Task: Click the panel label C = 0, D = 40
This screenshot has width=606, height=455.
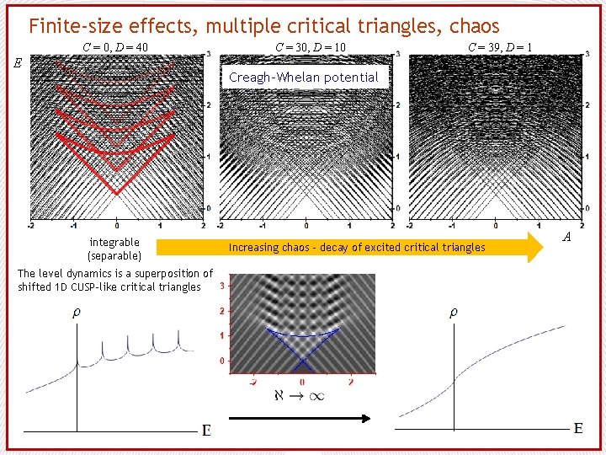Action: point(116,46)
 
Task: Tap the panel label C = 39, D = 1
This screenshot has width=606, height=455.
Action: point(500,46)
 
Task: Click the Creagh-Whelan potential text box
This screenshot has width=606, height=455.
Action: point(304,78)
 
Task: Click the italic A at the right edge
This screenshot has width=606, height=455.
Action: point(566,237)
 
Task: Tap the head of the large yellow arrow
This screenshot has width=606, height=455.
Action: point(535,247)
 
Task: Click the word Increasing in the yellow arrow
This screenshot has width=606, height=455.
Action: point(257,248)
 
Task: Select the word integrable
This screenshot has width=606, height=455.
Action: point(114,243)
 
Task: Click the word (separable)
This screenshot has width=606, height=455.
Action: point(114,255)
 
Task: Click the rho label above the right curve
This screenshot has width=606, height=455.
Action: point(453,313)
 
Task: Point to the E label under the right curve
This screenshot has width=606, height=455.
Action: point(578,429)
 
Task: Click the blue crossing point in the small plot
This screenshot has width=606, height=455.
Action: point(302,361)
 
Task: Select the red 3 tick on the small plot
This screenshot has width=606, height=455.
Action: point(221,287)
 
